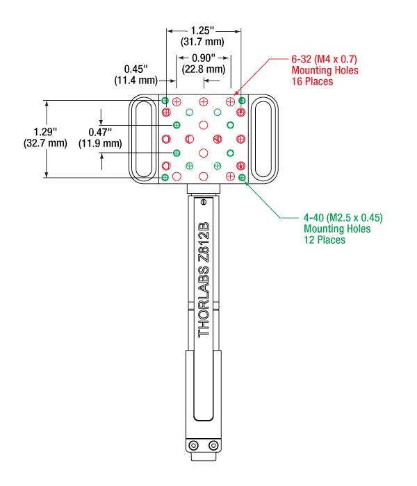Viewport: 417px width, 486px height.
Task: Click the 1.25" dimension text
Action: [x=203, y=31]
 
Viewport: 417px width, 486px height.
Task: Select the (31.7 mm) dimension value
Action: [x=203, y=42]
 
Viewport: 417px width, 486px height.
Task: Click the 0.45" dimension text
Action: [x=136, y=69]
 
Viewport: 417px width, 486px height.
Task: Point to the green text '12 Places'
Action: [x=325, y=240]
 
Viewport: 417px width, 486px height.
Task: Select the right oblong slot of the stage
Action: [x=263, y=139]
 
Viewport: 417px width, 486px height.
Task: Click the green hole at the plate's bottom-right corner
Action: [x=241, y=178]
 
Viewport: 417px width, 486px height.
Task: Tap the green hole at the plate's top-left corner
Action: [x=165, y=101]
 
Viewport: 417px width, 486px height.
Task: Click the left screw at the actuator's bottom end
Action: [x=194, y=445]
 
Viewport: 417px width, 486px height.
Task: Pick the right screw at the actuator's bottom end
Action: [x=213, y=445]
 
